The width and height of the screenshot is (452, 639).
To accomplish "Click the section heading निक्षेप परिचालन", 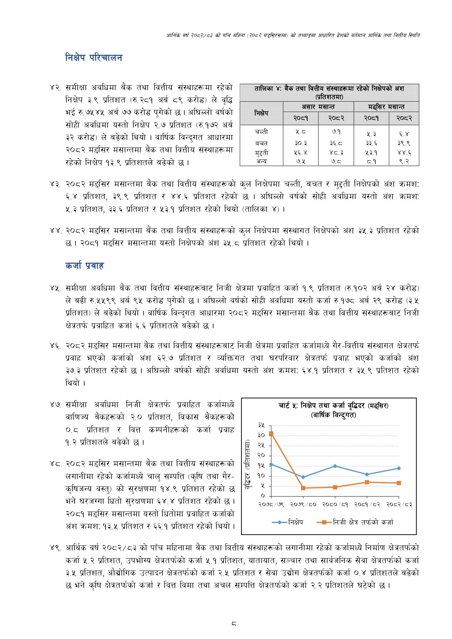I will coord(94,58).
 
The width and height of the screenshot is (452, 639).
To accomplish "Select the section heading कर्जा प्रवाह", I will coord(84,265).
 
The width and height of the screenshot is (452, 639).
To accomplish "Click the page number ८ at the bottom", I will coord(233,623).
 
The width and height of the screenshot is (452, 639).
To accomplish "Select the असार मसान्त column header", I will coord(318,107).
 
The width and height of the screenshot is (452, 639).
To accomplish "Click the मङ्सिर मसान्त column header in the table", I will coord(386,107).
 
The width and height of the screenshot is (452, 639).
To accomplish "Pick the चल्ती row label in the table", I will coord(261,131).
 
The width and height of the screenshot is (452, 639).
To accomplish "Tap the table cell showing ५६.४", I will coord(300,153).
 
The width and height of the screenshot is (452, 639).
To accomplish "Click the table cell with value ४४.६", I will coord(404,153).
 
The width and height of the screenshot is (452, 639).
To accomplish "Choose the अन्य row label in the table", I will coord(261,161).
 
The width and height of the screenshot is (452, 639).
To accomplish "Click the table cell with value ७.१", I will coord(336,131).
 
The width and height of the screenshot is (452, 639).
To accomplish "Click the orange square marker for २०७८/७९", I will coord(271,434).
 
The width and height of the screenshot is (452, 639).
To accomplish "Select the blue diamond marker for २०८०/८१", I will coord(335,466).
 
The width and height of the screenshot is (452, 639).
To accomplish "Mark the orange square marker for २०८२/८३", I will coord(399,483).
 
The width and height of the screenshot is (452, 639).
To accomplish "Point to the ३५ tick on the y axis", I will coord(261,425).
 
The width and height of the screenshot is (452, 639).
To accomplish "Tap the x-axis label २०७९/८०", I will coord(303,505).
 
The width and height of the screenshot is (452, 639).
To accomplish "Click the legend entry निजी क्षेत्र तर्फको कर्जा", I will coord(363,522).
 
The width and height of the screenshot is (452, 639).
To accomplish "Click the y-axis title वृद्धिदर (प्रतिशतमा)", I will coord(248,463).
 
